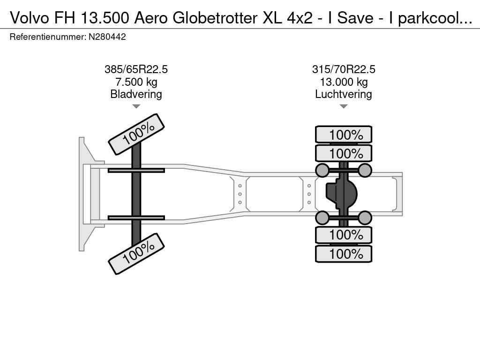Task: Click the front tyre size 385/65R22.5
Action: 136,69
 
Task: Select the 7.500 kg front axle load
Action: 136,82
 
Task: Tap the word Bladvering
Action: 136,94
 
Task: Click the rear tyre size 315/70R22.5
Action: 344,69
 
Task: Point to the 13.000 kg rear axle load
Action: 344,82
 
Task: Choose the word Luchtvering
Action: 344,94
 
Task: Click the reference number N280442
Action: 107,37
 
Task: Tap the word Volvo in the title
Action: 30,18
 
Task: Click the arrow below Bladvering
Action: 136,106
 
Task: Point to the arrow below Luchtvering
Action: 344,106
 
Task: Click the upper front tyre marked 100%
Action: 136,135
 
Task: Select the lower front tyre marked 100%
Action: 136,254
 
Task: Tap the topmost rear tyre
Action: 344,135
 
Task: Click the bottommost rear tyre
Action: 344,254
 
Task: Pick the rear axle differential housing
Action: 342,194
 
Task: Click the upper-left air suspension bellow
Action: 322,170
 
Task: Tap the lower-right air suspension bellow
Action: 365,217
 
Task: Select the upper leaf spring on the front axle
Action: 136,170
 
